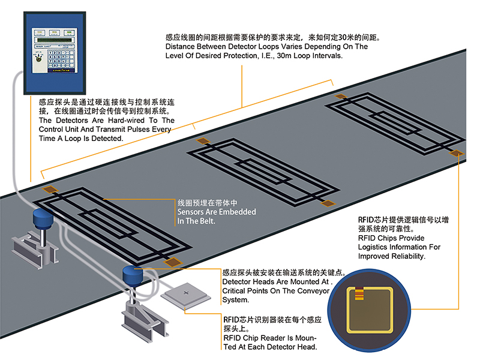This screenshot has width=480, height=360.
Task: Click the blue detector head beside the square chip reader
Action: (130, 275)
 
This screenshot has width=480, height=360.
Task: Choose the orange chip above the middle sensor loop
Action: (203, 140)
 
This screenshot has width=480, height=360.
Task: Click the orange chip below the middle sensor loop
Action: (328, 204)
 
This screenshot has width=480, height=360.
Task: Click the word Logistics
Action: (377, 247)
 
